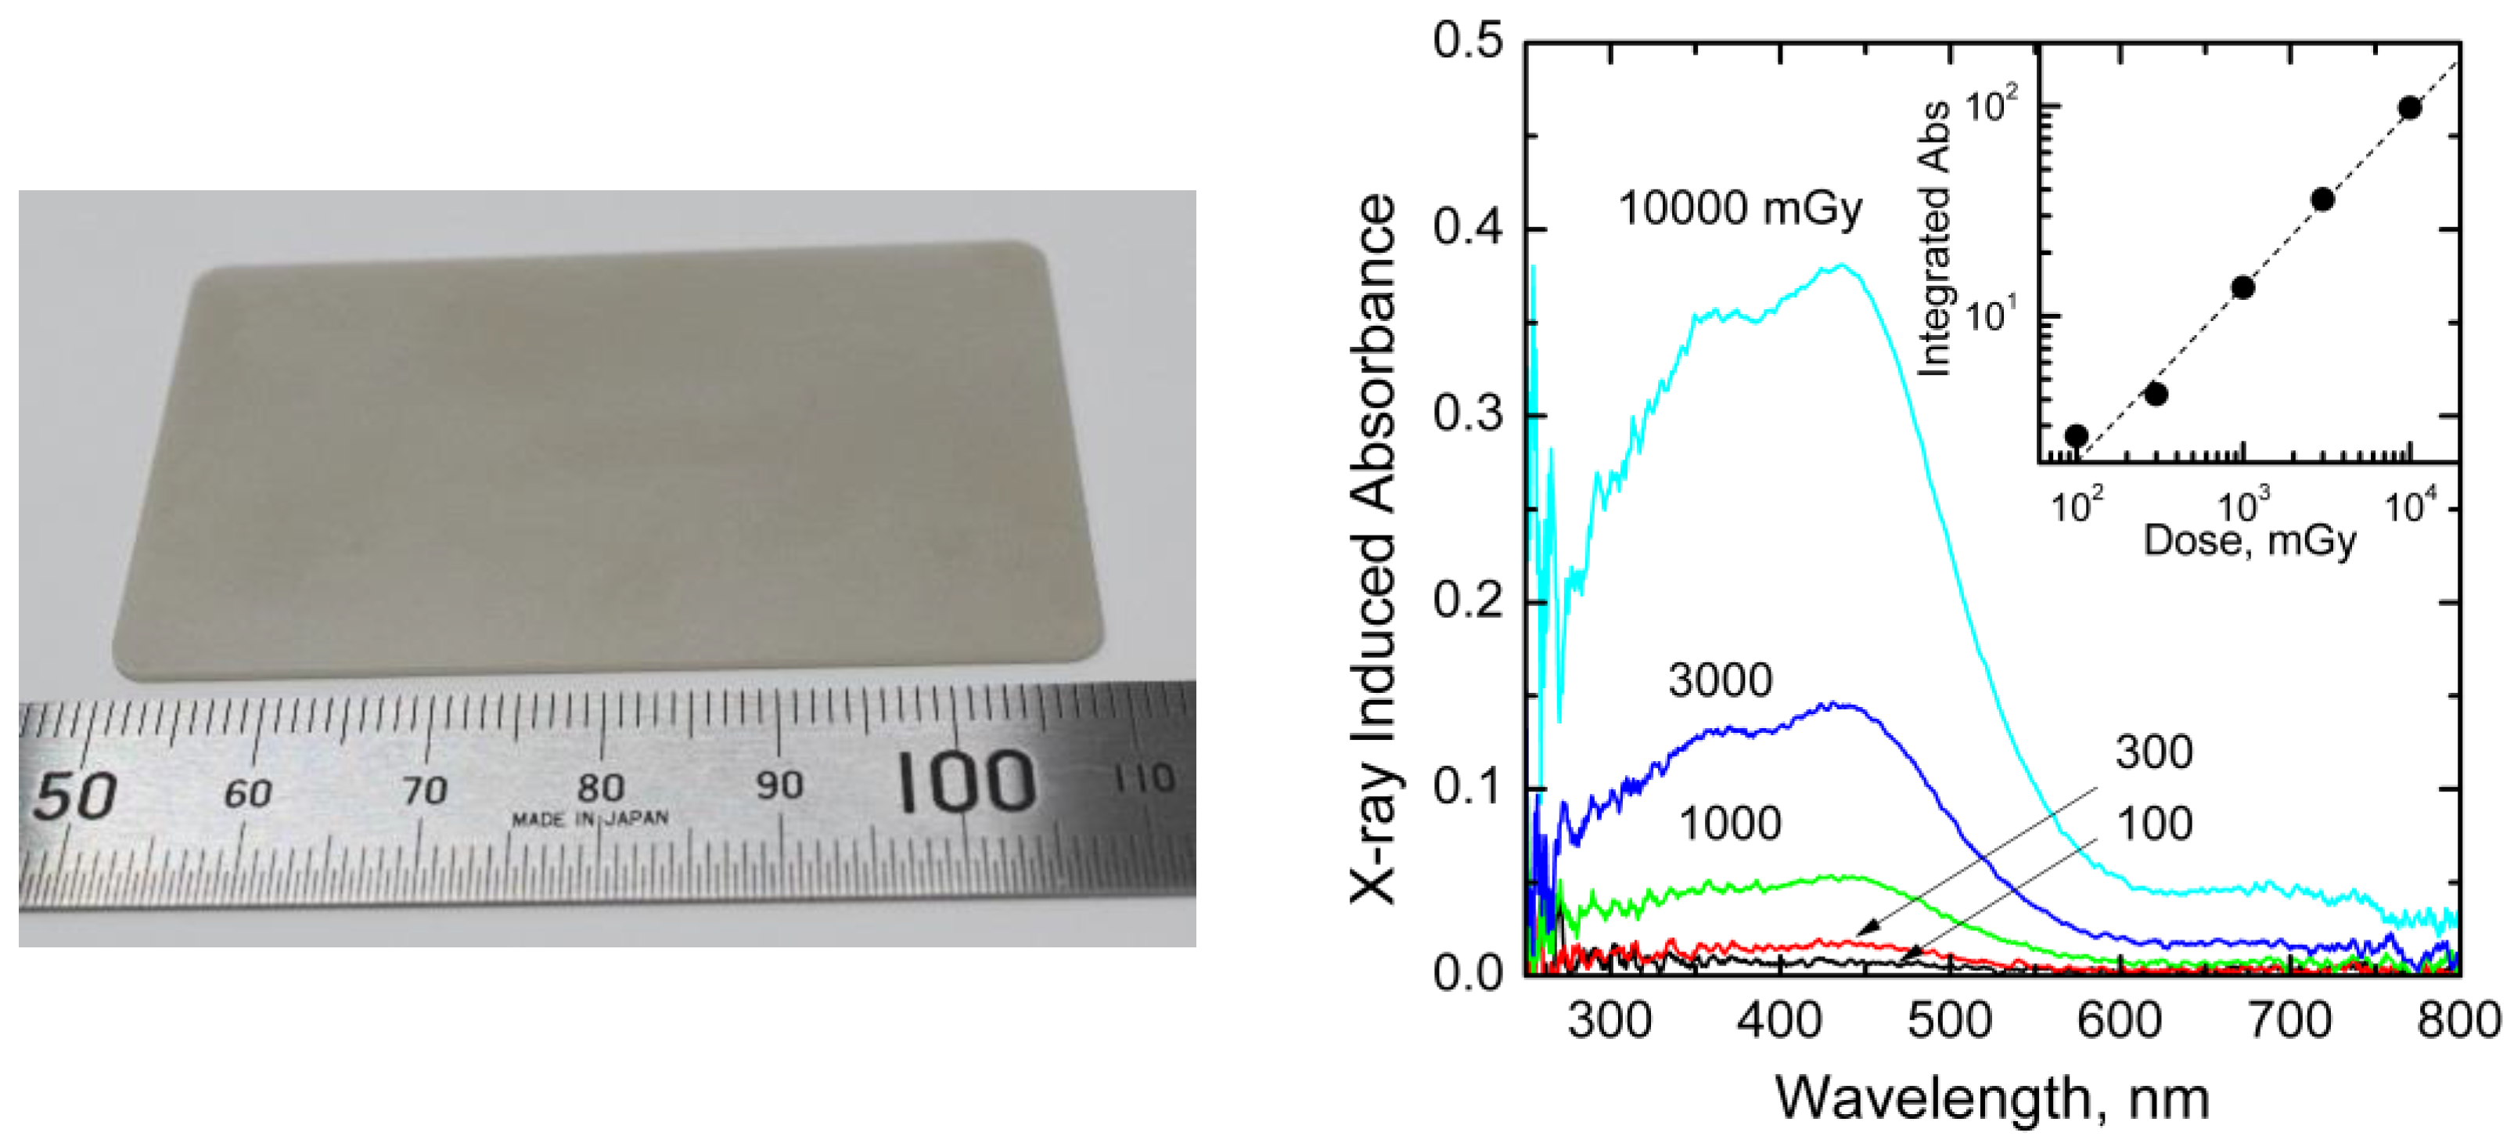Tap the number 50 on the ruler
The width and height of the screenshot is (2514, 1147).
[x=75, y=795]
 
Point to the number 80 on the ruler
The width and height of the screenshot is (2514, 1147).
[x=600, y=787]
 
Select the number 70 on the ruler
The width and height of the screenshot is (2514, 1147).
[x=425, y=790]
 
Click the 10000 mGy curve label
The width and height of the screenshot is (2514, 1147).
[x=1740, y=209]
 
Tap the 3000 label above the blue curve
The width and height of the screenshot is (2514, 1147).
[x=1720, y=680]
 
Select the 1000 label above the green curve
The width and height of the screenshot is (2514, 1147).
[x=1729, y=824]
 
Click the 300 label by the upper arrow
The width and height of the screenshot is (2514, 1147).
[x=2154, y=752]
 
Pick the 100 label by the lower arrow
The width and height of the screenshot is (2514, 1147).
[x=2154, y=824]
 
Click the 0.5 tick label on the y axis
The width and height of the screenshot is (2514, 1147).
[x=1468, y=43]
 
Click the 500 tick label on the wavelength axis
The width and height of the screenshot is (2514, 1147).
[x=1949, y=1021]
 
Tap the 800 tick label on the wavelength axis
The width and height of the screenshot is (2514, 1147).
[x=2458, y=1021]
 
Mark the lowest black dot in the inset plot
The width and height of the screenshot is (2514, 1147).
[x=2076, y=435]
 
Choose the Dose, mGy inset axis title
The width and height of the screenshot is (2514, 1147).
[x=2250, y=539]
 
